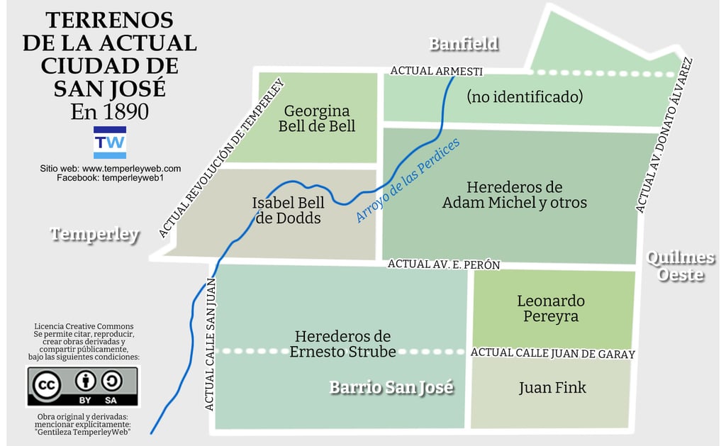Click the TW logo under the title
tap(110, 143)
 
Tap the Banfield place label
tap(464, 44)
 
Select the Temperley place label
tap(95, 235)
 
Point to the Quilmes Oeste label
tap(680, 266)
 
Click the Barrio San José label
tap(391, 387)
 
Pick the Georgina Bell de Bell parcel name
tap(317, 118)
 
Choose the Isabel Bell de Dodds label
tap(289, 211)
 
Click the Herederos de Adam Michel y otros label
tap(514, 195)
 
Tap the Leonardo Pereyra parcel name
tap(551, 308)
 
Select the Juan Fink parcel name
tap(552, 387)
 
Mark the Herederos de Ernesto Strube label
tap(343, 344)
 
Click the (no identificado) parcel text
tap(525, 96)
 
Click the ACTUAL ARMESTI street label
tap(436, 71)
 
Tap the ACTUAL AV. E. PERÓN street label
tap(444, 264)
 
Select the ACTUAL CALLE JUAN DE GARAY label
tap(552, 353)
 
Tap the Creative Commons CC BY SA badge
tap(83, 386)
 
